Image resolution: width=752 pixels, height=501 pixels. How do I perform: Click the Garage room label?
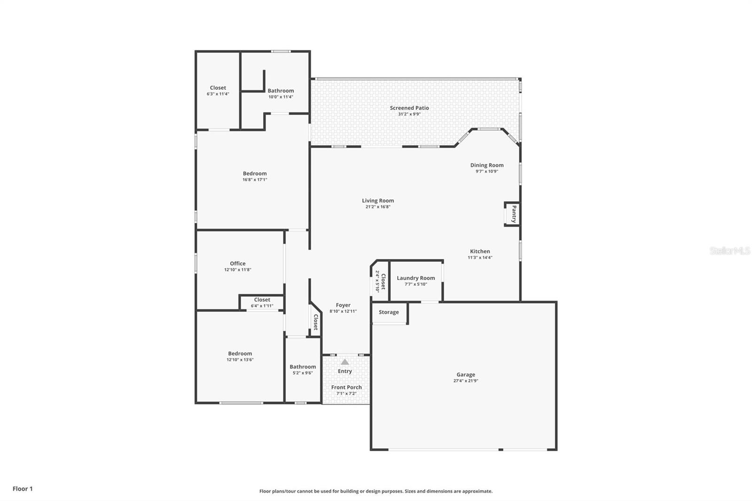(x=466, y=375)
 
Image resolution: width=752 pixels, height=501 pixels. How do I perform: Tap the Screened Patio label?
(x=409, y=108)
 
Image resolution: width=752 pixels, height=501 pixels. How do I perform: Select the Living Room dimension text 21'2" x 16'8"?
(x=378, y=207)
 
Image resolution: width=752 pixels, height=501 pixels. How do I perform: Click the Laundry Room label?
(x=415, y=278)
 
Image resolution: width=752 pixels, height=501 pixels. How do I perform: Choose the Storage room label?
(x=389, y=312)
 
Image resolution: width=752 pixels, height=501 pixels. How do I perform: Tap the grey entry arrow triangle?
(x=345, y=362)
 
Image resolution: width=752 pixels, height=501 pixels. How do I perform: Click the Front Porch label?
(x=346, y=387)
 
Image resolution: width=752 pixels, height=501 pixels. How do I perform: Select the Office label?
(x=238, y=264)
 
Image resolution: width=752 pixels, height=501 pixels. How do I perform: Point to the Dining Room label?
(x=487, y=165)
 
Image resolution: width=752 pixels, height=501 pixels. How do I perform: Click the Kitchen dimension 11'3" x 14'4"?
(x=480, y=258)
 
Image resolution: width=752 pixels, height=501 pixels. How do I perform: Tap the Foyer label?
(x=343, y=305)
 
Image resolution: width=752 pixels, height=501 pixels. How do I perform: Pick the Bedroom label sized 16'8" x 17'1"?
(x=255, y=173)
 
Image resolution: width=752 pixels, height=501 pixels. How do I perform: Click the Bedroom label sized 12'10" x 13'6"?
(x=240, y=353)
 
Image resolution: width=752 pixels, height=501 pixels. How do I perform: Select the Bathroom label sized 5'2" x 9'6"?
(x=303, y=367)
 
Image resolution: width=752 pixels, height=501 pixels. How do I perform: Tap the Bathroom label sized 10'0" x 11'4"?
(x=281, y=91)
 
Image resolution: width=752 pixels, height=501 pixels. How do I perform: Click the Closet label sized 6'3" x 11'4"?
(x=218, y=87)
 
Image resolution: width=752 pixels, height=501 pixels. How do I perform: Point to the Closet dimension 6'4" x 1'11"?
(x=262, y=306)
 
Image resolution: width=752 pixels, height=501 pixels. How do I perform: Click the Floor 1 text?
(x=23, y=489)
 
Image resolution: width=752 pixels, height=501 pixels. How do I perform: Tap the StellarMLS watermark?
(x=730, y=250)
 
